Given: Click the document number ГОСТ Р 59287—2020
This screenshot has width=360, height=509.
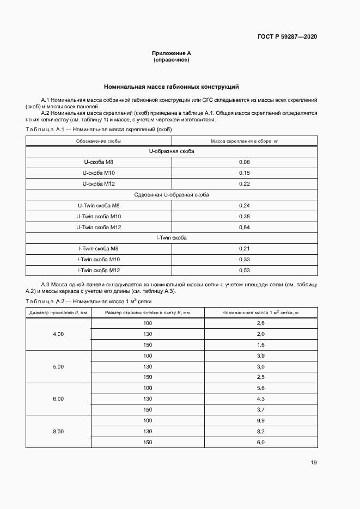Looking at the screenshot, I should pyautogui.click(x=286, y=36).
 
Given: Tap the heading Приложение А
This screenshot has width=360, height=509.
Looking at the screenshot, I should pyautogui.click(x=171, y=53).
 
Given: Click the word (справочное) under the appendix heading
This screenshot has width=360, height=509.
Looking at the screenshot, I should pyautogui.click(x=171, y=60).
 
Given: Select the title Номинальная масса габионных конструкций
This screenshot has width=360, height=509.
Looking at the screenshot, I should pyautogui.click(x=171, y=87).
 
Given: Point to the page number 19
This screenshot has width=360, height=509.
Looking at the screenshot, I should pyautogui.click(x=313, y=463).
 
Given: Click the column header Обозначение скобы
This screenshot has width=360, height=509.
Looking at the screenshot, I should pyautogui.click(x=99, y=141).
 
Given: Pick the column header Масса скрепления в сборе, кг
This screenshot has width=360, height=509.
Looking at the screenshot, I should pyautogui.click(x=244, y=141).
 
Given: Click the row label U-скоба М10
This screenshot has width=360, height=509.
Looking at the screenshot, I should pyautogui.click(x=99, y=173).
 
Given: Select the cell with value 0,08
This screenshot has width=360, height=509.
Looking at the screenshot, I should pyautogui.click(x=244, y=162).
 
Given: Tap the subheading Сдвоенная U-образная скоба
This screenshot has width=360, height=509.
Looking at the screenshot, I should pyautogui.click(x=171, y=194).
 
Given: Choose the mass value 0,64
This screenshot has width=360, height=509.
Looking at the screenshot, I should pyautogui.click(x=244, y=227).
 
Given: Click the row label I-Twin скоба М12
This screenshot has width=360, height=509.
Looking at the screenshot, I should pyautogui.click(x=99, y=270).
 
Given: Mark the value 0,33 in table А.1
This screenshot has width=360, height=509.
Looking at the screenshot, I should pyautogui.click(x=244, y=259).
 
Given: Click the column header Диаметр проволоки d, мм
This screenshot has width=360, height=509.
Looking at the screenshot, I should pyautogui.click(x=58, y=312).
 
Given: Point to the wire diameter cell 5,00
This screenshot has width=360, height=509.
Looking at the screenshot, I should pyautogui.click(x=58, y=366).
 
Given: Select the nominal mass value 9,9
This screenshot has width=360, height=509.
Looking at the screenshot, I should pyautogui.click(x=260, y=420).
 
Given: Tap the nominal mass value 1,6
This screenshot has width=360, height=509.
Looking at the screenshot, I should pyautogui.click(x=260, y=345).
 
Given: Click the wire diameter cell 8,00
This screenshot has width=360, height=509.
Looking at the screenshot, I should pyautogui.click(x=58, y=431).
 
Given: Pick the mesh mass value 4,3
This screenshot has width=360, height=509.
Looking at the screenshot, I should pyautogui.click(x=260, y=398).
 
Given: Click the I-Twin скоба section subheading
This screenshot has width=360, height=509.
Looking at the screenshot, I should pyautogui.click(x=171, y=238).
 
